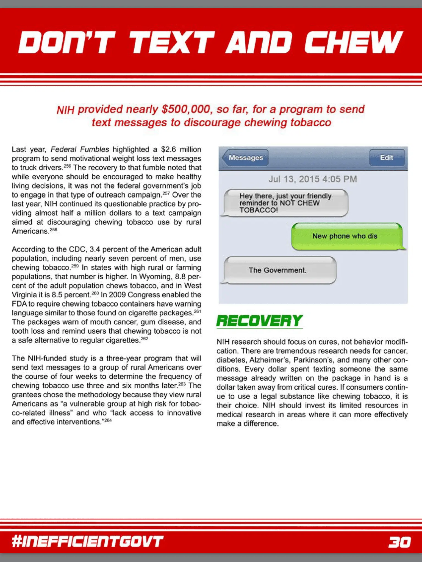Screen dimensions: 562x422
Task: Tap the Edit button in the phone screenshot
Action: click(x=387, y=158)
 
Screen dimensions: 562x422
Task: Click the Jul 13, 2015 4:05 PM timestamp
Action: click(x=313, y=179)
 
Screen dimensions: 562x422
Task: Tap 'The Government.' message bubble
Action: click(x=278, y=270)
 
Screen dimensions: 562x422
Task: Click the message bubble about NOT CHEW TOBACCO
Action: click(x=285, y=203)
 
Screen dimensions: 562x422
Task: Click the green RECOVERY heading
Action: click(x=260, y=321)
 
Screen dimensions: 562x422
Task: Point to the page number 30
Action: click(x=400, y=542)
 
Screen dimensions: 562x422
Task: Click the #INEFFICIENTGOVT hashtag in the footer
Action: click(x=88, y=542)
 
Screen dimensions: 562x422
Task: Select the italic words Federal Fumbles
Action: click(x=80, y=150)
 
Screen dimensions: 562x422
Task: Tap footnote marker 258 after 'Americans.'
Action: click(x=54, y=230)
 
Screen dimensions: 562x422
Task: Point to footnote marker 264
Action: click(x=108, y=420)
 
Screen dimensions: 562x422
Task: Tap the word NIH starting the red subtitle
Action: click(x=65, y=110)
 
